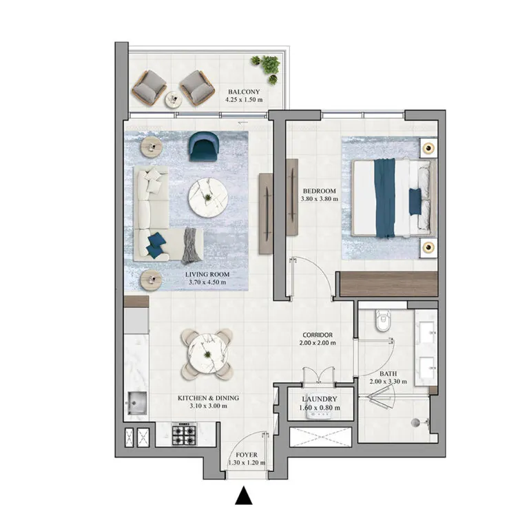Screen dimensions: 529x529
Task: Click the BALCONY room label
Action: [x=244, y=91]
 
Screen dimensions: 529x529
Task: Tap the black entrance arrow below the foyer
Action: [x=243, y=497]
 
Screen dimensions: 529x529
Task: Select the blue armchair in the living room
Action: [x=203, y=145]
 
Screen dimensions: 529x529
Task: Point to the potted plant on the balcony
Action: [x=267, y=66]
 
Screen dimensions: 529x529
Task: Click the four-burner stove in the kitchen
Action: [x=185, y=435]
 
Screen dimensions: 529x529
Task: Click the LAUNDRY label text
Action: [x=319, y=399]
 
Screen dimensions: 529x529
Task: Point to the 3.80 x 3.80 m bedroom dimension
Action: [x=318, y=200]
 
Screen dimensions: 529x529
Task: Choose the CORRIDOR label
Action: [x=317, y=335]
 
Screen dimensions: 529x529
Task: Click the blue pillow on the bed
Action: [x=415, y=200]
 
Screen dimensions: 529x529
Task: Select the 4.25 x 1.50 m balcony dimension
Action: [x=244, y=100]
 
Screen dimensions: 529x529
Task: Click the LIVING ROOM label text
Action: [x=207, y=274]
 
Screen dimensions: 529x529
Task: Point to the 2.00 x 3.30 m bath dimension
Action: [x=388, y=382]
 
